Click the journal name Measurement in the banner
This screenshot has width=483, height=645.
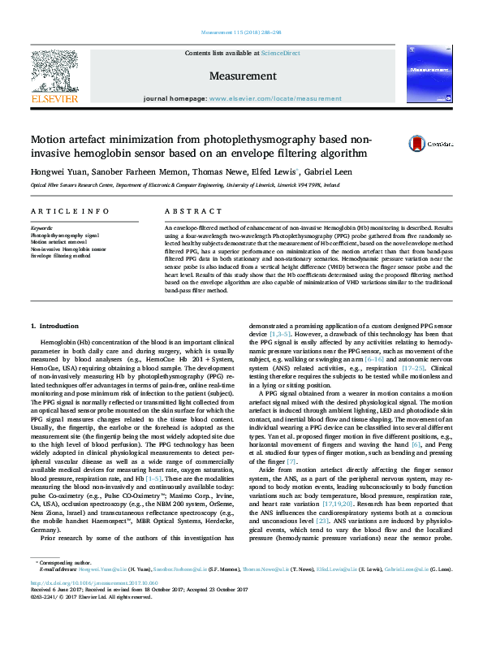click(243, 76)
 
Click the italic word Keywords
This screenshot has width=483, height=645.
click(41, 228)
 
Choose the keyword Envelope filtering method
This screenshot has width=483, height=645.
click(61, 256)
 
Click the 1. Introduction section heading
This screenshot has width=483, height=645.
click(55, 326)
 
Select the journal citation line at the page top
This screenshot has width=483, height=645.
click(241, 33)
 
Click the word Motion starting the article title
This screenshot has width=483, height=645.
click(52, 140)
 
